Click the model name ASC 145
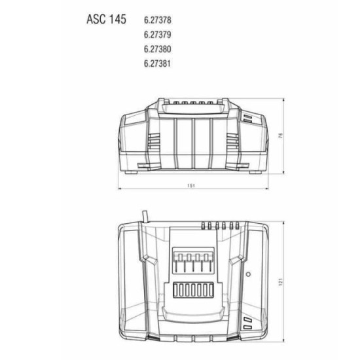106,19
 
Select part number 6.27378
158,20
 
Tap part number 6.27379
158,35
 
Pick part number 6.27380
158,49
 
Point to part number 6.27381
157,63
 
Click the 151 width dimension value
191,185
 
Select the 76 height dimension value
281,135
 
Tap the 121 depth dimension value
281,281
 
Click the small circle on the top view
248,274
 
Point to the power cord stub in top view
145,217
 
